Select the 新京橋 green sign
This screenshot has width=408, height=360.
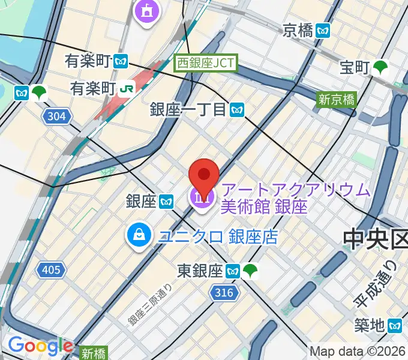[x=336, y=100]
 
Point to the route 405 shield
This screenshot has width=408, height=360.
[x=51, y=270]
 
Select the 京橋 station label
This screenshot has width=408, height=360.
[x=298, y=29]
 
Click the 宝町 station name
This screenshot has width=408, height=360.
[x=353, y=68]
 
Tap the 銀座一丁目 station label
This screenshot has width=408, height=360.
[x=188, y=109]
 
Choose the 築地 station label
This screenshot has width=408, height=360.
[x=369, y=325]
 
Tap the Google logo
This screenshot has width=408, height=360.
[x=40, y=346]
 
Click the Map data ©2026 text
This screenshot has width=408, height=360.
[x=357, y=351]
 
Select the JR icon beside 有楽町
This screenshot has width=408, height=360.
[x=127, y=88]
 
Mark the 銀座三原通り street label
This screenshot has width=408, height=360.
[x=151, y=304]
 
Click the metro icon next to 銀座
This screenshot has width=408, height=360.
[x=167, y=201]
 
